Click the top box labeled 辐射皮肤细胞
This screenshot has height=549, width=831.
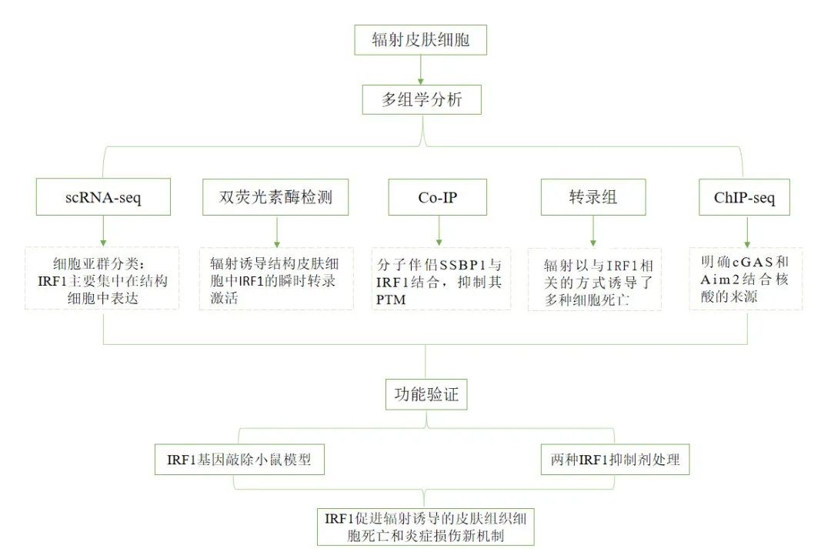420,39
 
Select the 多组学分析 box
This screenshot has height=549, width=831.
422,99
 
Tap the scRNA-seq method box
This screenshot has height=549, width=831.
102,198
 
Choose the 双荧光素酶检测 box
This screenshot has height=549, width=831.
277,198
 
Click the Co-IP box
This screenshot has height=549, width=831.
437,198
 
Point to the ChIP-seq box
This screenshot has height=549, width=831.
745,198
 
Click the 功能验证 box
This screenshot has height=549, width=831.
426,395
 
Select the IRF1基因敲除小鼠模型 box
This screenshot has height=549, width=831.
239,460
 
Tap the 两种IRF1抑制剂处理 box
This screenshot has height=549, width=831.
616,460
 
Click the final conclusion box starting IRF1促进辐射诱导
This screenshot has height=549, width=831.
426,526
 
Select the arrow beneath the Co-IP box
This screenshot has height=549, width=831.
439,231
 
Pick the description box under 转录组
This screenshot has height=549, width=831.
595,280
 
